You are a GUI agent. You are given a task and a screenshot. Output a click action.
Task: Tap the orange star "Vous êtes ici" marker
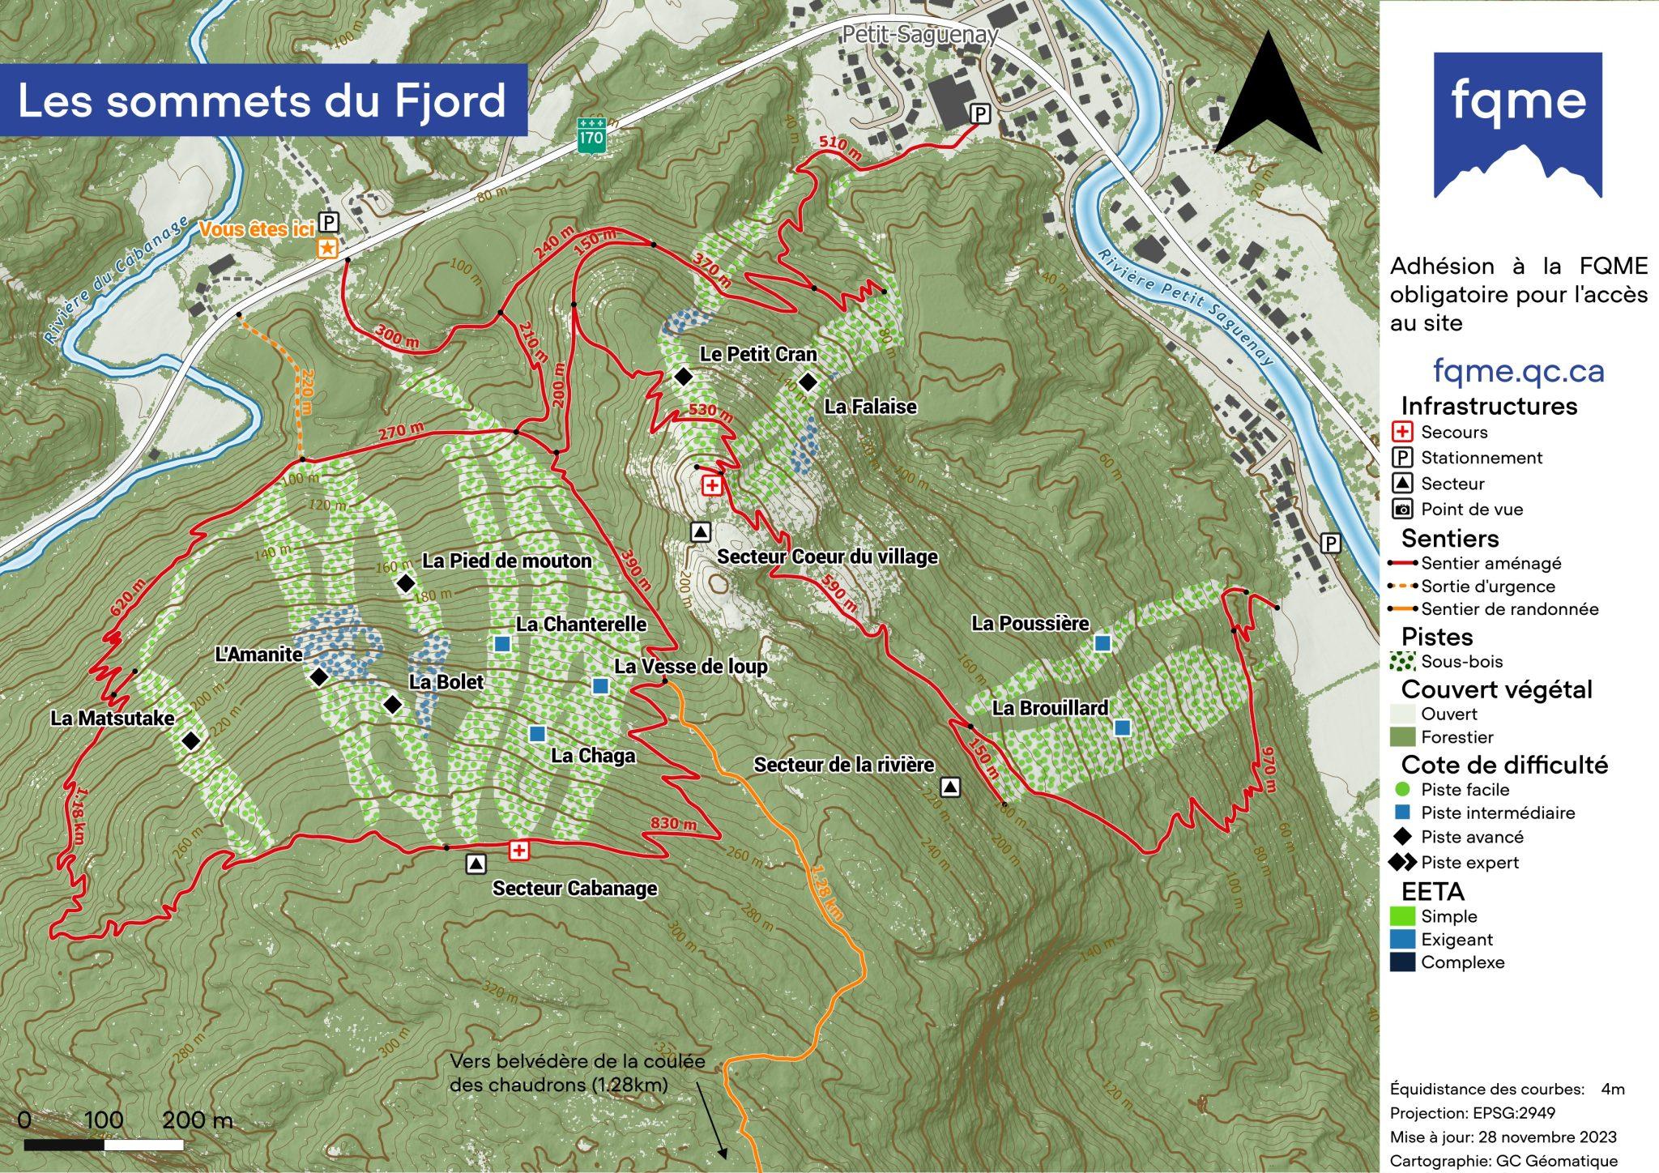point(327,248)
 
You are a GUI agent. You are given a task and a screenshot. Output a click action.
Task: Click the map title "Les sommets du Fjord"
point(262,100)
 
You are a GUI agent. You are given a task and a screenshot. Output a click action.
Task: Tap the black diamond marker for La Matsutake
point(191,740)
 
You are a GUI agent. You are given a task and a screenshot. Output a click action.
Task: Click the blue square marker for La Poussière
point(1102,642)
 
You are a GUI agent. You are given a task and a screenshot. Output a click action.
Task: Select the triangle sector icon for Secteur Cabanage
point(476,864)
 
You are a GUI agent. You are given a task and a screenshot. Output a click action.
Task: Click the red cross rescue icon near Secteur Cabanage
point(518,850)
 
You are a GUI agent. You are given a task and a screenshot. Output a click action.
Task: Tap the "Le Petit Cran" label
point(758,354)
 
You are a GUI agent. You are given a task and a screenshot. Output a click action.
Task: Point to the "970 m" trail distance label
point(1269,770)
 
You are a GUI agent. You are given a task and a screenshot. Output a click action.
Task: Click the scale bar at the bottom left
point(104,1145)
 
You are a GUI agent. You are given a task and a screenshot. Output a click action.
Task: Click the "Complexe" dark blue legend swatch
point(1402,962)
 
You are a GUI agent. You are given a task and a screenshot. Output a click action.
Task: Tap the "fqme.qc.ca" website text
point(1518,371)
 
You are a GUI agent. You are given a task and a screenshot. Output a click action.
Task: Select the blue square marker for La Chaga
point(536,733)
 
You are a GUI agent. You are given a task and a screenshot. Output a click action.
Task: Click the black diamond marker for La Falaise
point(807,382)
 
